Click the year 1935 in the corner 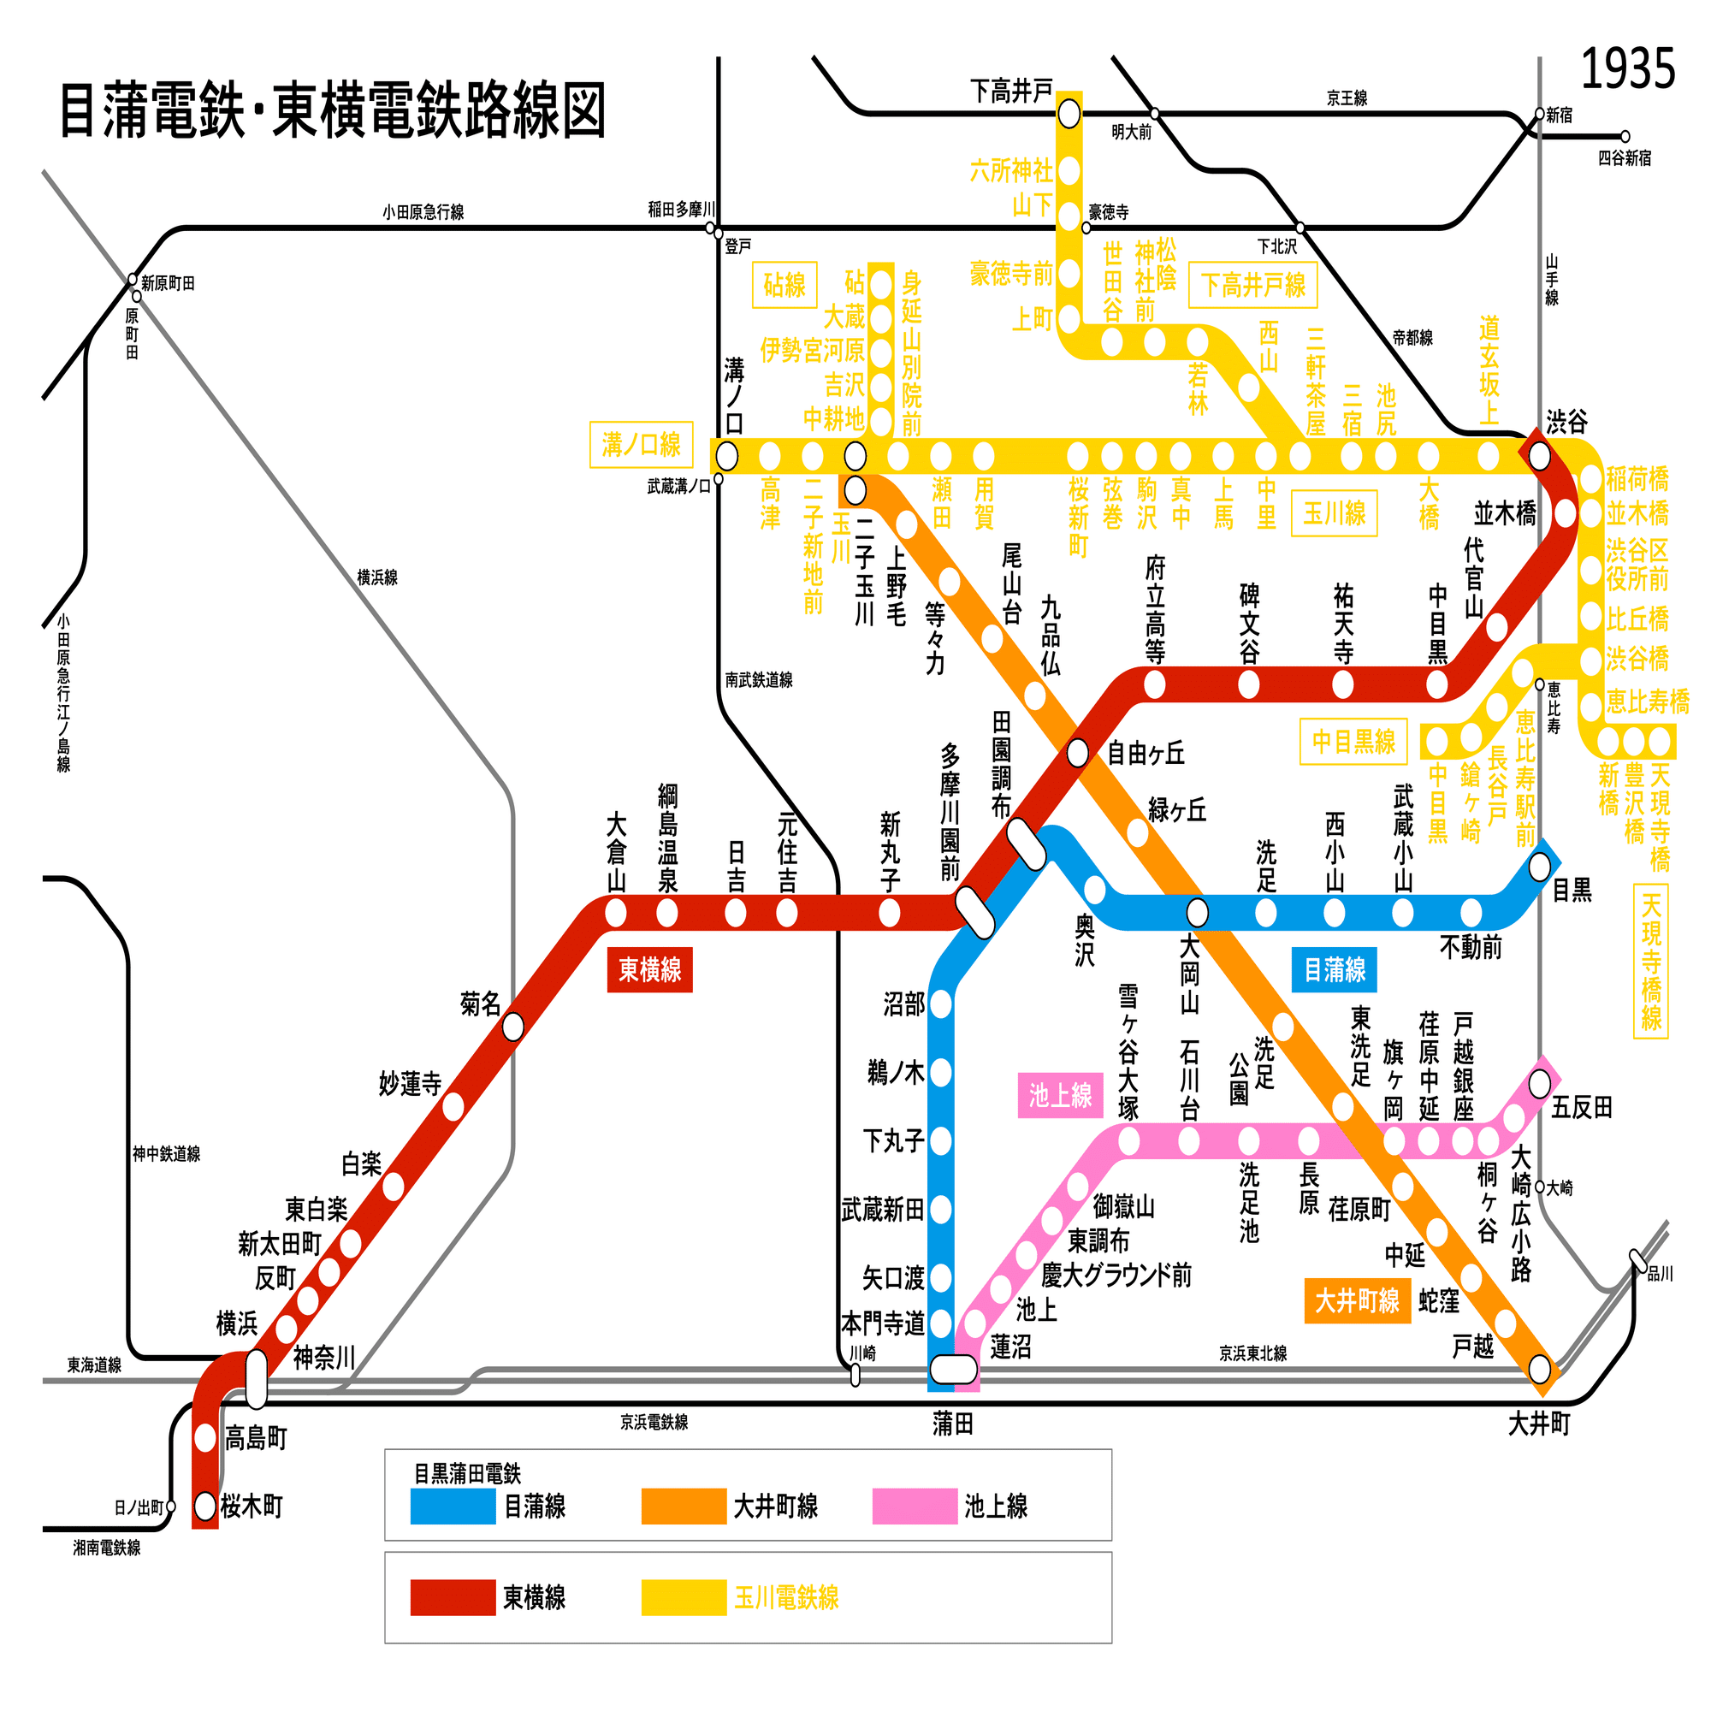click(1627, 69)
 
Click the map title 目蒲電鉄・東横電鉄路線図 click(332, 110)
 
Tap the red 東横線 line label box click(649, 970)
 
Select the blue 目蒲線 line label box click(1334, 970)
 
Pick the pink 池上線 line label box click(1059, 1096)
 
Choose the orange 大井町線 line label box click(1356, 1301)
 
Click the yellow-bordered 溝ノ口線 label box click(640, 445)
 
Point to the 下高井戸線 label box click(1252, 285)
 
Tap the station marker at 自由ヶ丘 click(1077, 753)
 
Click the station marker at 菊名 click(512, 1027)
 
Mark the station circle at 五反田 click(1539, 1082)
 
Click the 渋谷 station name click(1566, 422)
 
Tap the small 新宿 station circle click(1539, 114)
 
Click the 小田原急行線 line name click(423, 211)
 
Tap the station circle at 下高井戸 click(1069, 114)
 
